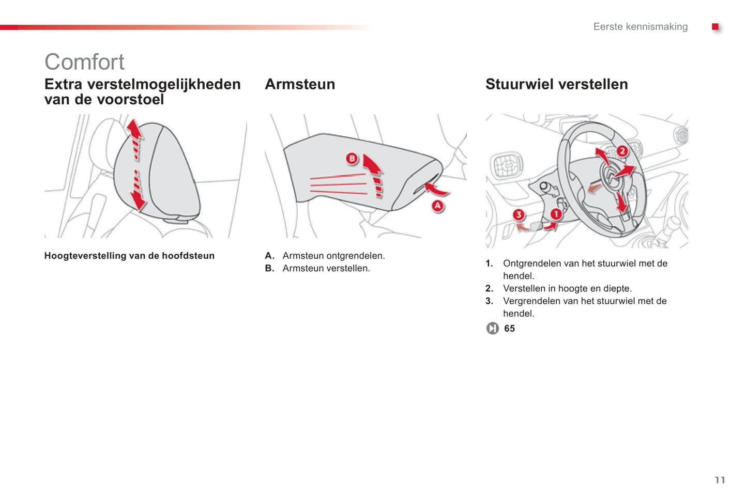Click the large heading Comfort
(84, 62)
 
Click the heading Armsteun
(300, 84)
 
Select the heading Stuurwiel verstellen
(556, 84)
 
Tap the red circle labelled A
(438, 206)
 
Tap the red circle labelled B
(352, 159)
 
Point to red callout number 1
(556, 214)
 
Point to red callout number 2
(622, 151)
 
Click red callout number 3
(519, 214)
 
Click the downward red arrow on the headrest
(138, 198)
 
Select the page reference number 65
(509, 329)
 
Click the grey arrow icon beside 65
(492, 329)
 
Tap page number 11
(720, 480)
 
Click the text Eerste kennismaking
(640, 27)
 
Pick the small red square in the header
(715, 27)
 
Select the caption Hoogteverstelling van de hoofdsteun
(129, 256)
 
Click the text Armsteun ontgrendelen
(333, 256)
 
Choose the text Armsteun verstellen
(326, 269)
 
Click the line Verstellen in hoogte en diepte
(567, 289)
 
